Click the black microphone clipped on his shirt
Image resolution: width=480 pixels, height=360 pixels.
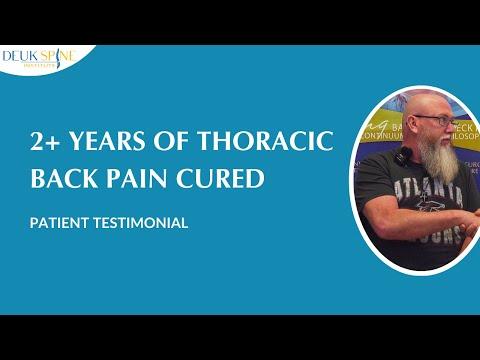(x=403, y=157)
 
